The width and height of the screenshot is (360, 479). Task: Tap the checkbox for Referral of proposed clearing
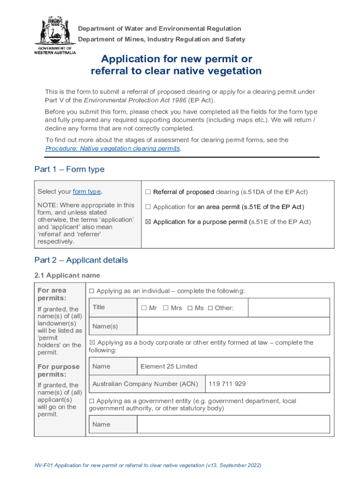(148, 192)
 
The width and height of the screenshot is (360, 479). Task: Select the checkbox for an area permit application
(148, 207)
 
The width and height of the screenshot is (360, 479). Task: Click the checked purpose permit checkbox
(148, 222)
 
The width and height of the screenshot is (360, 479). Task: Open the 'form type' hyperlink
(86, 192)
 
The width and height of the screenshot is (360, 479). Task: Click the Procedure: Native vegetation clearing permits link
(112, 148)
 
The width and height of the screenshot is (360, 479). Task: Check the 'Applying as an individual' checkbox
(92, 291)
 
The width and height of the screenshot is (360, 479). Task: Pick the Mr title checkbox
(144, 308)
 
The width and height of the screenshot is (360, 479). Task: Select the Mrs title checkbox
(166, 308)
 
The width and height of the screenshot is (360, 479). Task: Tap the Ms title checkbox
(190, 308)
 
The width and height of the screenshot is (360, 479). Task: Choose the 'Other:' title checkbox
(210, 308)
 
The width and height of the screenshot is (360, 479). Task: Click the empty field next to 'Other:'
(288, 308)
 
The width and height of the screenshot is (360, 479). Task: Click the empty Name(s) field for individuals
(233, 326)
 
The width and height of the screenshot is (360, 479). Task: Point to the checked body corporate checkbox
(92, 342)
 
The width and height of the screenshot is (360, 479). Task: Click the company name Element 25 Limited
(169, 366)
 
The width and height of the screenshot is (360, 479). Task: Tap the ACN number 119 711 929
(227, 384)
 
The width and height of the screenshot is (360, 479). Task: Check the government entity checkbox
(92, 401)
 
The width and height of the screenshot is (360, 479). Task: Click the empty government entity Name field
(233, 424)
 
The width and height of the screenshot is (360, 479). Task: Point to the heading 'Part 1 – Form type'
(69, 169)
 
